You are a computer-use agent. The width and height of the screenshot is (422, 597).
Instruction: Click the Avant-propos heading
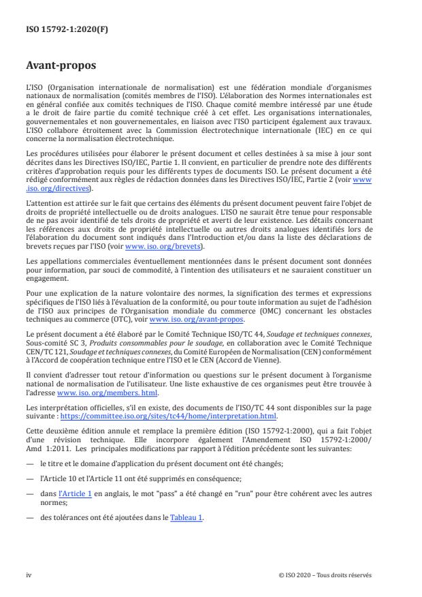pos(60,67)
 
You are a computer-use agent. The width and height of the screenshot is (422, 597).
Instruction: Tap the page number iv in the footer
pos(29,575)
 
